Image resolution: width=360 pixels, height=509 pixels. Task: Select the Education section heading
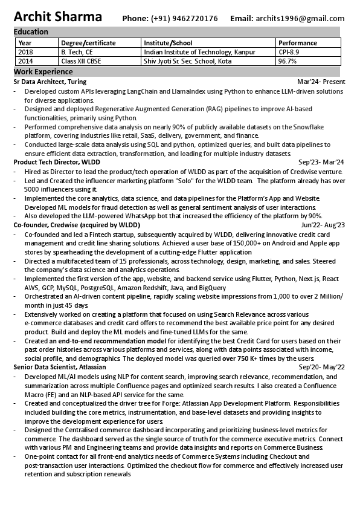31,31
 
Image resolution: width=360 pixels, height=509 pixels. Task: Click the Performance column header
298,43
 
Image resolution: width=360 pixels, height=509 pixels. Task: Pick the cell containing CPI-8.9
289,52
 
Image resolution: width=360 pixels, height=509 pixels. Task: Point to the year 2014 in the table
26,61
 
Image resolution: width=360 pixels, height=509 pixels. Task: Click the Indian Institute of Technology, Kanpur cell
199,52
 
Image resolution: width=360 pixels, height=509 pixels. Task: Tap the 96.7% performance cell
288,61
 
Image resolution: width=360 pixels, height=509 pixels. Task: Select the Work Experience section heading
43,72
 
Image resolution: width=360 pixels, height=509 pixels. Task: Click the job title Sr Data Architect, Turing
50,81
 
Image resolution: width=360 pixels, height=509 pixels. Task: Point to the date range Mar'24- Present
321,81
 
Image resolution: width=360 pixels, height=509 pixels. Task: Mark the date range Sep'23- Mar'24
321,162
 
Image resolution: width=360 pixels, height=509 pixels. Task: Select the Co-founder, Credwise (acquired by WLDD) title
77,225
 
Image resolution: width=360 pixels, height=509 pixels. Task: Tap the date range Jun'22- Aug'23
323,225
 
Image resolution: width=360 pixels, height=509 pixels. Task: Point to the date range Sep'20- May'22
321,367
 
